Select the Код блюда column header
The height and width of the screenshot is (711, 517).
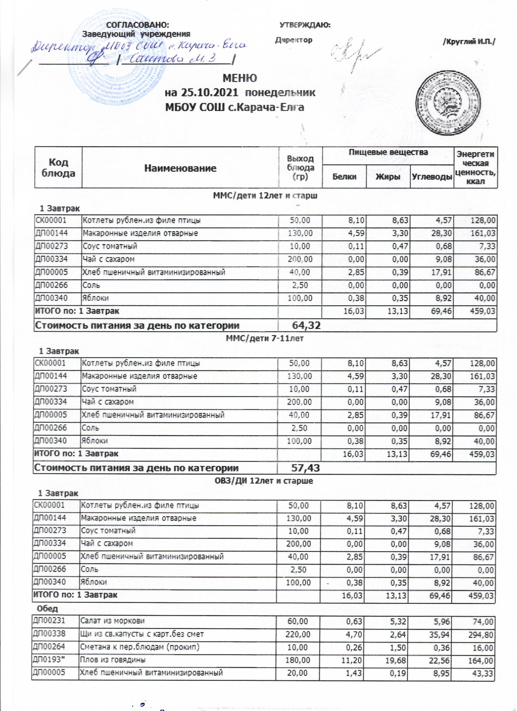click(58, 168)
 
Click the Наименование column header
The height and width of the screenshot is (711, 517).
click(180, 168)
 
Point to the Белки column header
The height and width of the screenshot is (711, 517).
click(344, 176)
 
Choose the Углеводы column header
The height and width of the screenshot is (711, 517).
click(432, 176)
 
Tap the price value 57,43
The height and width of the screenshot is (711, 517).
click(305, 468)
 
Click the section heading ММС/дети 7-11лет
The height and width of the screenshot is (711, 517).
click(265, 338)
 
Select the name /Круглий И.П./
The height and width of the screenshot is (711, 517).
click(468, 42)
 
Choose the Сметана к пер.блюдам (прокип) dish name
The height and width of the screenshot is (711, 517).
click(139, 647)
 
